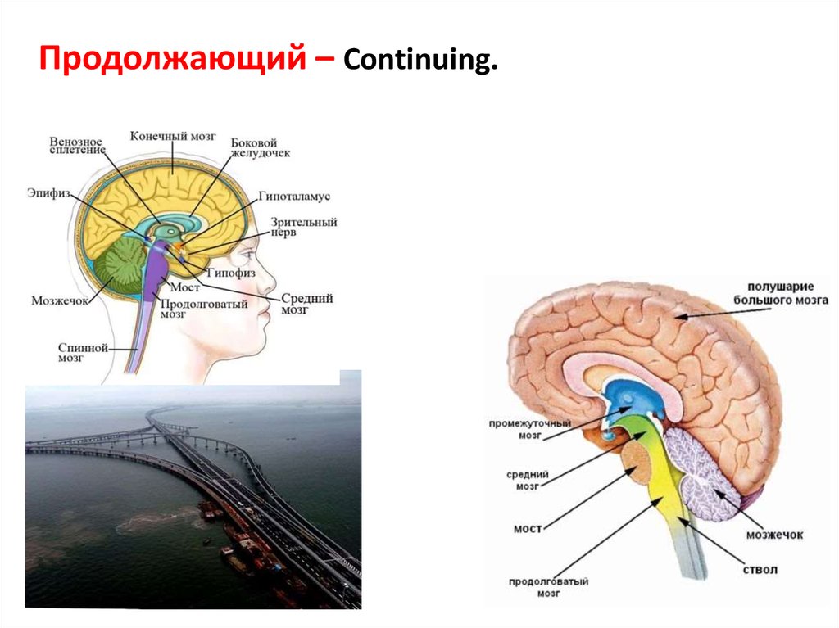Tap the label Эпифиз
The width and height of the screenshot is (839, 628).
[48, 194]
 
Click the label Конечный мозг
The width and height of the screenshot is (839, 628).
[173, 136]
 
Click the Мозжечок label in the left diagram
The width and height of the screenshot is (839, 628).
[59, 300]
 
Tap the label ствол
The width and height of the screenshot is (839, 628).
[761, 569]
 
